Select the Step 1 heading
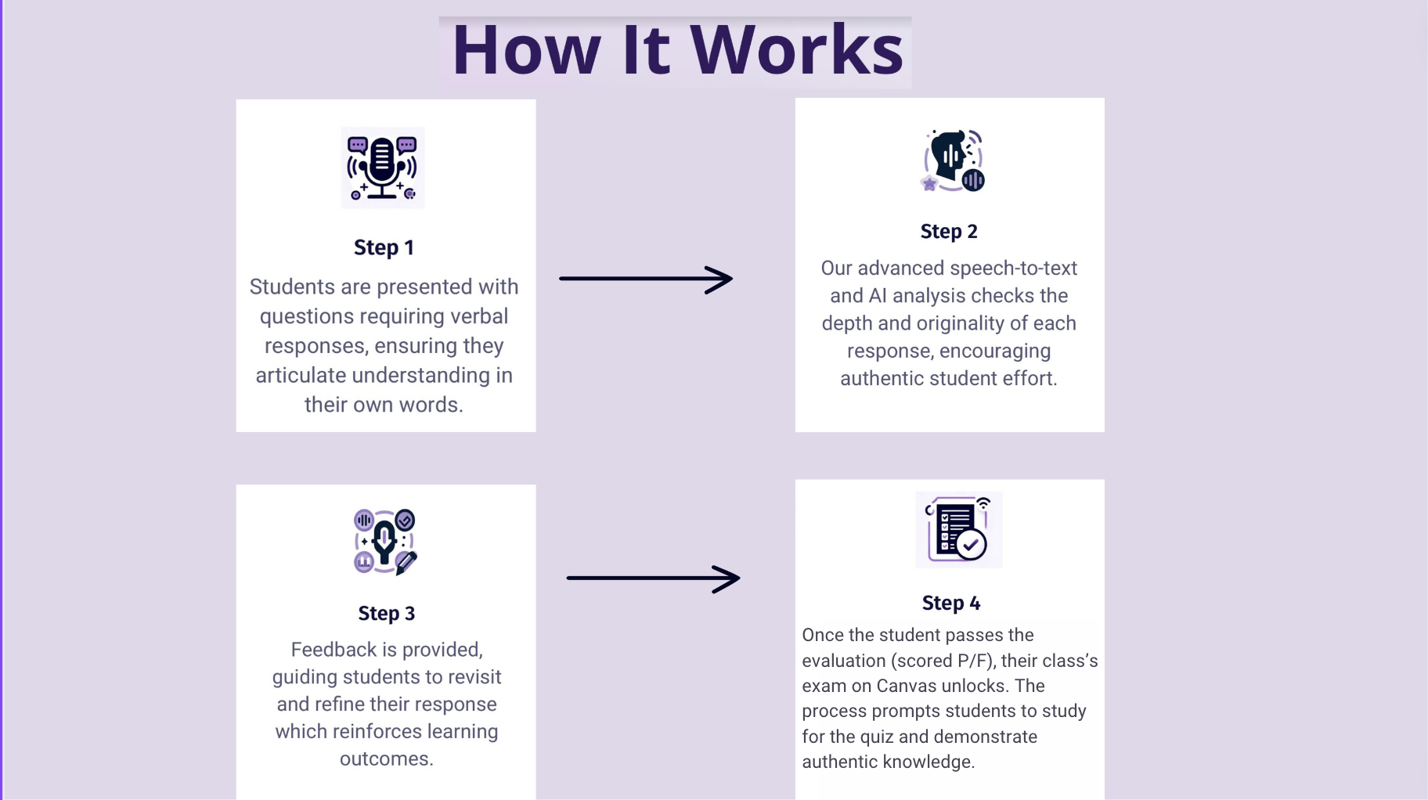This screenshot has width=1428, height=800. point(384,247)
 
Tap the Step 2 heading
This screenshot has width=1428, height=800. point(949,232)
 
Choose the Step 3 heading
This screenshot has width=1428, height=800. point(387,614)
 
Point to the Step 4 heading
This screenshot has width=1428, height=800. point(950,603)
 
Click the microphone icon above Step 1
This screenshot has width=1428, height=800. point(383,168)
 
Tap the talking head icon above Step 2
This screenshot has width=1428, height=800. point(953,160)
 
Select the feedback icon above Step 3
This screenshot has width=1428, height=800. point(385,542)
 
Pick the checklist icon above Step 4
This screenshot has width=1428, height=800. point(958,530)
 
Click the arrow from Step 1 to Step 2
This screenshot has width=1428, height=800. point(646,279)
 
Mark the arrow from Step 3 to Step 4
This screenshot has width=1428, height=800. point(653,578)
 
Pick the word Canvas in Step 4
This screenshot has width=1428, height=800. point(908,686)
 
